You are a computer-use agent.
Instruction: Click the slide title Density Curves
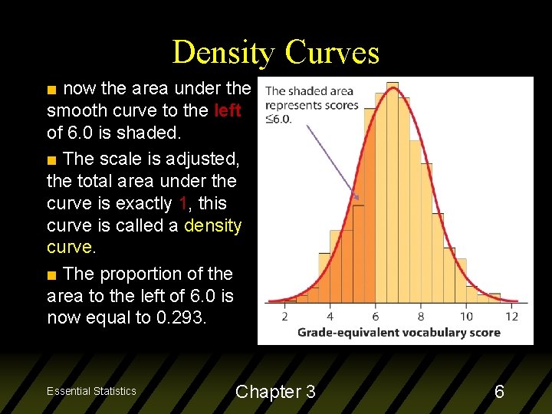click(x=276, y=52)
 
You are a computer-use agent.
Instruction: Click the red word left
click(x=228, y=110)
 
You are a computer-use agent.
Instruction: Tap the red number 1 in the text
click(x=182, y=204)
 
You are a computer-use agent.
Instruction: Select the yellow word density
click(x=212, y=226)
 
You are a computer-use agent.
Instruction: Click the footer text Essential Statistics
click(x=91, y=391)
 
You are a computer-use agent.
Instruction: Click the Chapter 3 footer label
click(x=275, y=392)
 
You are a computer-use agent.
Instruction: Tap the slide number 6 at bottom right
click(x=499, y=392)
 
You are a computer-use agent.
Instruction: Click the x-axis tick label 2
click(x=284, y=316)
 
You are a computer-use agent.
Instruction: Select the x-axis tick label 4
click(x=330, y=316)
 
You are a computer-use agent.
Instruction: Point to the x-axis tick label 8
click(x=421, y=316)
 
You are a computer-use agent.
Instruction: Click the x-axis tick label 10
click(x=466, y=316)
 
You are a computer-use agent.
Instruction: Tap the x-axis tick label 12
click(x=511, y=316)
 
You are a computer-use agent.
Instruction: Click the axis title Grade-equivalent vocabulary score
click(x=399, y=332)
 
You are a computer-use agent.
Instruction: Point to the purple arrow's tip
click(x=358, y=199)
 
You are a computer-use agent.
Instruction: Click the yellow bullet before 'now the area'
click(x=51, y=89)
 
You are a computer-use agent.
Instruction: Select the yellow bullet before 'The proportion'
click(x=51, y=274)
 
